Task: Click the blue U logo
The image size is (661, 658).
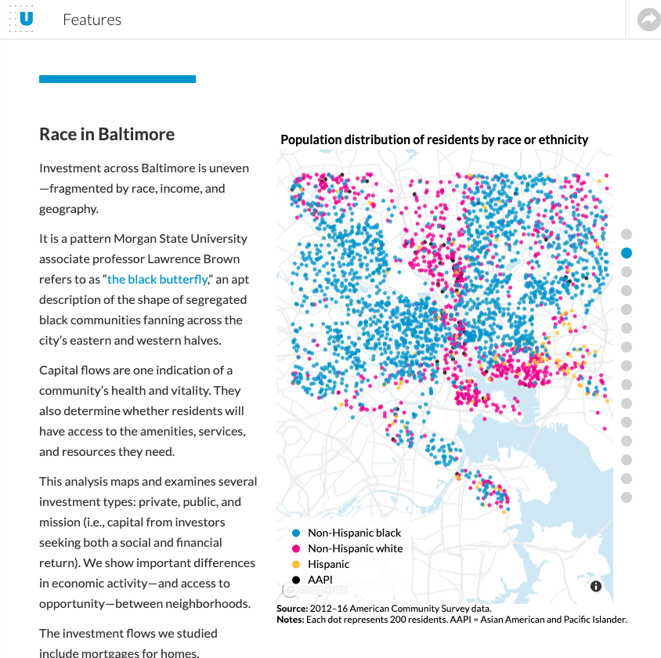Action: coord(26,19)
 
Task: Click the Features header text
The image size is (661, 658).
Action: coord(92,20)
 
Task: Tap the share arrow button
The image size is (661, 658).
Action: coord(648,20)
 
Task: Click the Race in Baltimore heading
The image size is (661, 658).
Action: coord(107,134)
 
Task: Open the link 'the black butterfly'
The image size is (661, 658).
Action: coord(157,279)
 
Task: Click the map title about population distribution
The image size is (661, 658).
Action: coord(434,139)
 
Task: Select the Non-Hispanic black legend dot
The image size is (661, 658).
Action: coord(296,533)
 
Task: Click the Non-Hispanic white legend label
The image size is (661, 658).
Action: coord(355,548)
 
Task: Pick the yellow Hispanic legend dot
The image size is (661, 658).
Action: coord(296,564)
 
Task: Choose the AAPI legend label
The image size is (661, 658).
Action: coord(320,580)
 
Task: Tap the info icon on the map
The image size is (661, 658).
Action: coord(596,586)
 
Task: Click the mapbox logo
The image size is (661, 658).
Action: coord(315,589)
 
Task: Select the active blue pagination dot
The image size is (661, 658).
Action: coord(627,253)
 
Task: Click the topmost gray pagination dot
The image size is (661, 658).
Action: coord(627,234)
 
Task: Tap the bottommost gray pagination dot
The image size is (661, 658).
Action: coord(627,497)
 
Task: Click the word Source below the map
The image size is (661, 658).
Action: coord(292,609)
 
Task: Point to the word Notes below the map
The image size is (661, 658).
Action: coord(290,619)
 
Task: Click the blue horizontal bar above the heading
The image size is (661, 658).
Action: coord(117,79)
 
